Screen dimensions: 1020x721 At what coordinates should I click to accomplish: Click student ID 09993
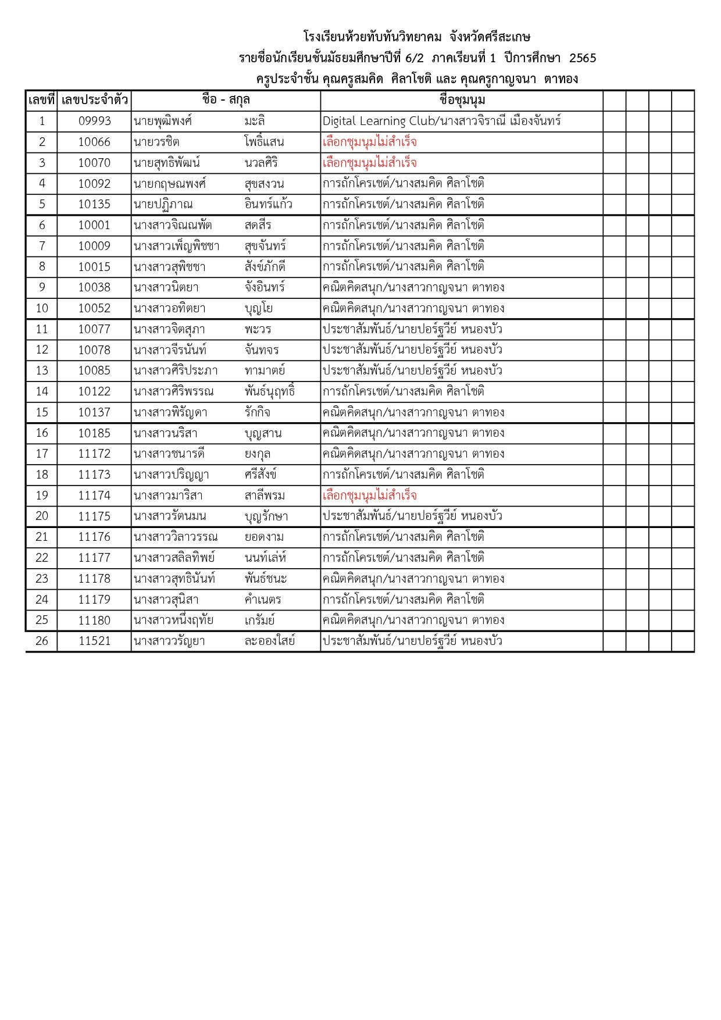coord(94,121)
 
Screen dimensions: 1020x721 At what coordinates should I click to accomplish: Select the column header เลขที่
coord(41,100)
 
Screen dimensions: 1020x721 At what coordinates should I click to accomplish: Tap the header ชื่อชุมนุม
coord(462,100)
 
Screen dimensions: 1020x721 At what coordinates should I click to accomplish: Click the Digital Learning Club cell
coord(441,121)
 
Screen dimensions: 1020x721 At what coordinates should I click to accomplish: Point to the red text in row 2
coord(370,142)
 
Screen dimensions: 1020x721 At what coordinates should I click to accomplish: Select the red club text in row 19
coord(370,495)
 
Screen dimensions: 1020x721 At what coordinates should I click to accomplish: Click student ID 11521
coord(94,641)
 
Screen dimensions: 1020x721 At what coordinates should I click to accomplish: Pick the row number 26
coord(42,641)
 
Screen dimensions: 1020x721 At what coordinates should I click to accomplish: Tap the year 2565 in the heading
coord(583,58)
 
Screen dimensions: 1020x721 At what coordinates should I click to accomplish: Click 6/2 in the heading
coord(414,58)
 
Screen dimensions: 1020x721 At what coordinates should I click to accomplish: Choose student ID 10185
coord(94,433)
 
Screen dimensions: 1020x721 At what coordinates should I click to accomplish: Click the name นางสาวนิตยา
coord(166,287)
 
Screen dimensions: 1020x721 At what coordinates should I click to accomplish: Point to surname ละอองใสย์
coord(270,641)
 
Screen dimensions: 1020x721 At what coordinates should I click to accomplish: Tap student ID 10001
coord(94,225)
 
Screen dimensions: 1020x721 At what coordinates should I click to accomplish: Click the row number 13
coord(42,370)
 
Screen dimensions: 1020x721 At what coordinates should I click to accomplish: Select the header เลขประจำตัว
coord(94,100)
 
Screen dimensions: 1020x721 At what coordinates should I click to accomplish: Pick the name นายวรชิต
coord(156,142)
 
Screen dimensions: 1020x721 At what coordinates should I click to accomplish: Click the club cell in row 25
coord(413,620)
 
